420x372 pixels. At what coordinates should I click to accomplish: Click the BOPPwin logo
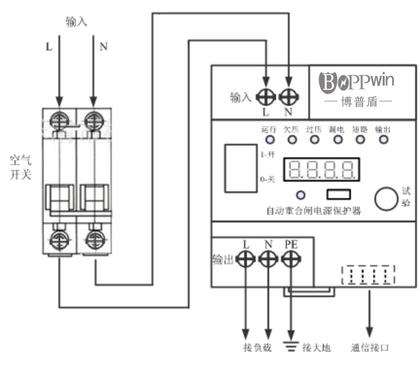coord(357,82)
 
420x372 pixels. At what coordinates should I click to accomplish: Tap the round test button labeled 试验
coord(386,199)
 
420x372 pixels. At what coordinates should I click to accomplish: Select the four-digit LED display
coord(320,171)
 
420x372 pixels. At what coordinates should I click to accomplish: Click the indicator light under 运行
coord(269,140)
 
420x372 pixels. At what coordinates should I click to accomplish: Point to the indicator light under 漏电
coord(338,140)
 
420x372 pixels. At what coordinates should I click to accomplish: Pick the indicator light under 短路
coord(360,140)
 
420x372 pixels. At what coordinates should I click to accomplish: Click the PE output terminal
coord(290,259)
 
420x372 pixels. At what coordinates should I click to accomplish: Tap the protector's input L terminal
coord(266,97)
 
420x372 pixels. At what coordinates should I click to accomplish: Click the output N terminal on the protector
coord(268,259)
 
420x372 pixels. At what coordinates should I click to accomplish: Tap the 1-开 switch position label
coord(268,154)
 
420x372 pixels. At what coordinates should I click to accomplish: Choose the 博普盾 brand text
coord(358,101)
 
